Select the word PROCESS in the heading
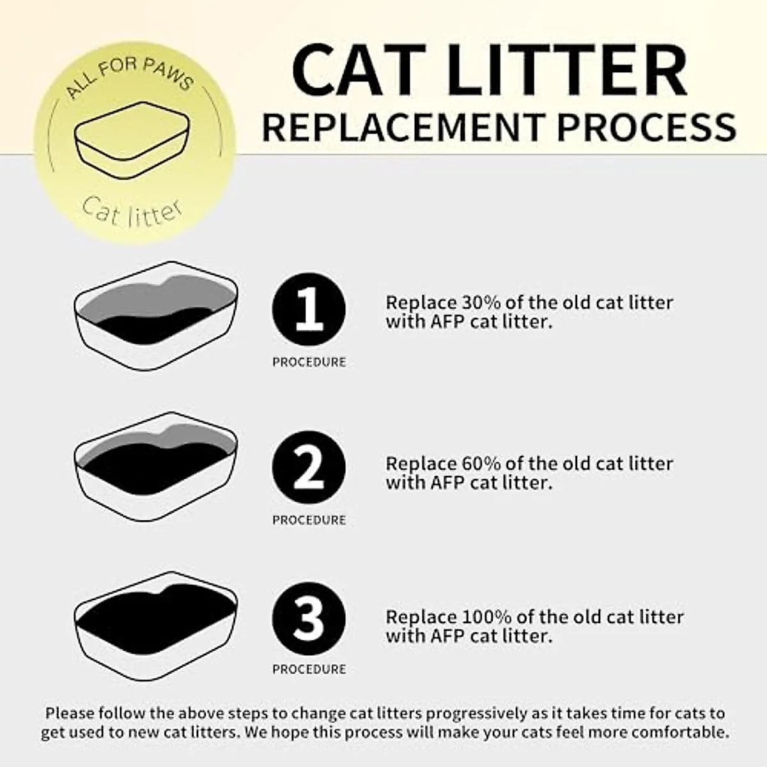pyautogui.click(x=646, y=126)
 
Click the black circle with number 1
pyautogui.click(x=309, y=310)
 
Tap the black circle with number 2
pyautogui.click(x=309, y=468)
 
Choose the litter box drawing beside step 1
pyautogui.click(x=155, y=315)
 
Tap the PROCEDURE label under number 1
pyautogui.click(x=309, y=362)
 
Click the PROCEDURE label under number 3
pyautogui.click(x=309, y=669)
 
